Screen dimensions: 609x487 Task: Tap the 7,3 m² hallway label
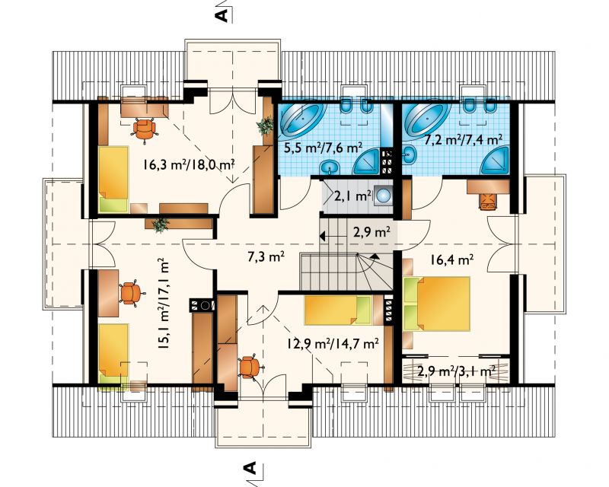(266, 256)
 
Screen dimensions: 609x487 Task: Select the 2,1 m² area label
(352, 196)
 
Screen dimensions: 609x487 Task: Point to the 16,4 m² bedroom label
(451, 259)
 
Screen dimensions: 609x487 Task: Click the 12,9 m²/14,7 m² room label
(333, 343)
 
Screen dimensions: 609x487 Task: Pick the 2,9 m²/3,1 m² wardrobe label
(456, 371)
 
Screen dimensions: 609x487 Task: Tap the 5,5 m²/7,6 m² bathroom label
(324, 148)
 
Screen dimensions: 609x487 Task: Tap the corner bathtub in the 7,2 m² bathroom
(426, 118)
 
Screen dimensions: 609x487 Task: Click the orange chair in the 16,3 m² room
(145, 129)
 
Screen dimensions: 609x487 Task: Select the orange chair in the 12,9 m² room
(250, 367)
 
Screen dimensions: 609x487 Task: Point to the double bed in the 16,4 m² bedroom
(437, 304)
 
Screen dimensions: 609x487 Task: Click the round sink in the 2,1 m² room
(384, 195)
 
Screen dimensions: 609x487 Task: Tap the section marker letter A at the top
(222, 14)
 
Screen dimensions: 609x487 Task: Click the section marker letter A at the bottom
(252, 468)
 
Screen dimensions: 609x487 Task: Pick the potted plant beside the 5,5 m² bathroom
(266, 126)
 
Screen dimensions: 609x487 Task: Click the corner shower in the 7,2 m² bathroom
(495, 161)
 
